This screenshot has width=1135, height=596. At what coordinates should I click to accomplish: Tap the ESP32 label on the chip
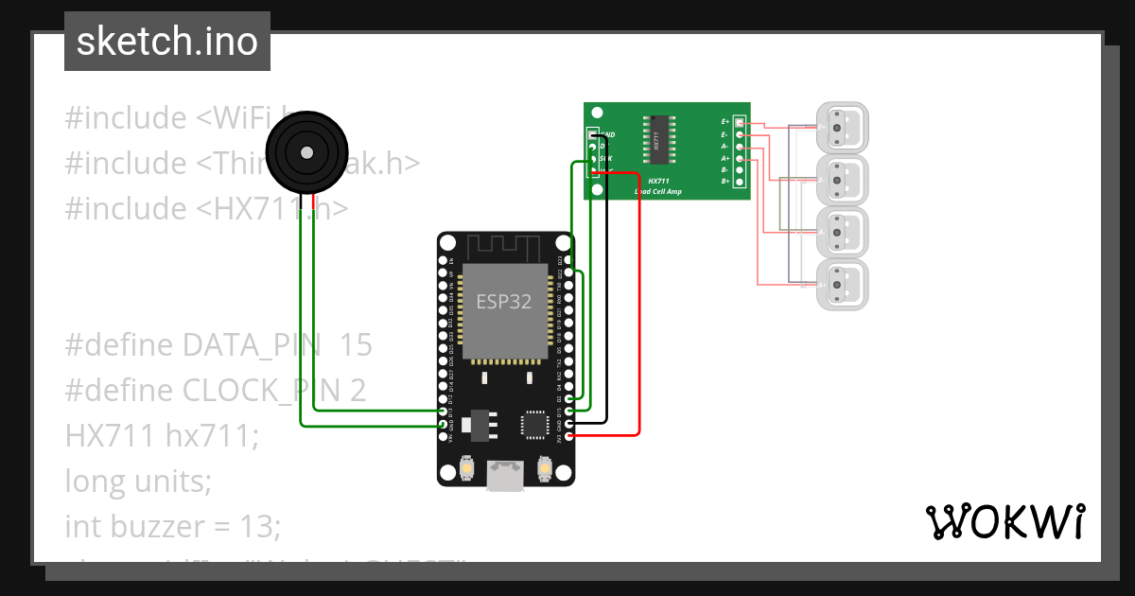[502, 302]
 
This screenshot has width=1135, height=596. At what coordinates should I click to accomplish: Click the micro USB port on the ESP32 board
[505, 476]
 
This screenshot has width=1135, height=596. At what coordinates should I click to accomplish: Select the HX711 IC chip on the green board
[656, 139]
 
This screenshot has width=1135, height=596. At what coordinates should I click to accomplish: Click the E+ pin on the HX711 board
[740, 123]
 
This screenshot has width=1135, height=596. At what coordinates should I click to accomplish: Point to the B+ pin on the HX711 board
[740, 181]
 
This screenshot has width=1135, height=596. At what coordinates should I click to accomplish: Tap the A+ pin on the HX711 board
[740, 158]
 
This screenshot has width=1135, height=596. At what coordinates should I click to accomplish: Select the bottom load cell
[842, 283]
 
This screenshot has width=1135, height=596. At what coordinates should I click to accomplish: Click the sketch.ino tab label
[166, 43]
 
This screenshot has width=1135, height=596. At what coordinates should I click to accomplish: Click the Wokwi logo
[1004, 522]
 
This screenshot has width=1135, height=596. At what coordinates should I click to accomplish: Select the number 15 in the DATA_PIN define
[356, 345]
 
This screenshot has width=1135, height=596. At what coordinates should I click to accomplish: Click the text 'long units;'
[138, 482]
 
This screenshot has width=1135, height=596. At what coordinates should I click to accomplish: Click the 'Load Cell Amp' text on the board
[657, 191]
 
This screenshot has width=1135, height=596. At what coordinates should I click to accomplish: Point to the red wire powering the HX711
[641, 303]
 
